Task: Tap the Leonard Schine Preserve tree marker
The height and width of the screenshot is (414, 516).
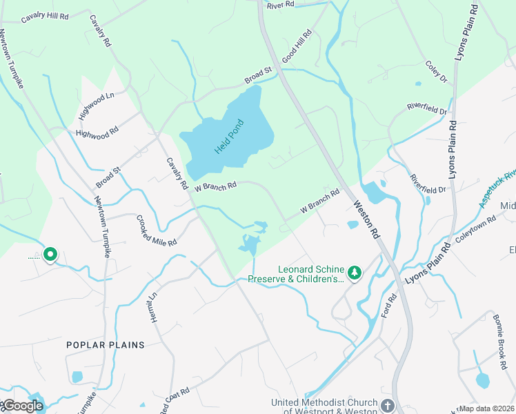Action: click(x=355, y=274)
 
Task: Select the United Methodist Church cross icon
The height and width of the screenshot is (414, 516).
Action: click(x=388, y=406)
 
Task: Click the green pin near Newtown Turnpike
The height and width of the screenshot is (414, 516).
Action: click(x=50, y=255)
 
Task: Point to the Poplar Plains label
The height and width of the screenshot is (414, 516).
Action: click(x=106, y=344)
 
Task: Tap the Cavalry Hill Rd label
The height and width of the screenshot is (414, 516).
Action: click(x=45, y=17)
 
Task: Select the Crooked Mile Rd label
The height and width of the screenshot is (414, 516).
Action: click(x=157, y=231)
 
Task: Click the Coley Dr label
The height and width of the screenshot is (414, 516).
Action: click(x=436, y=70)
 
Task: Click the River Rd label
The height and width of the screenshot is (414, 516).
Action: click(x=280, y=4)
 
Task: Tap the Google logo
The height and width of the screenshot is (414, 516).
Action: click(x=22, y=405)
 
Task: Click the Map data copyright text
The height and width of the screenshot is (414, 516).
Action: click(x=486, y=408)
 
